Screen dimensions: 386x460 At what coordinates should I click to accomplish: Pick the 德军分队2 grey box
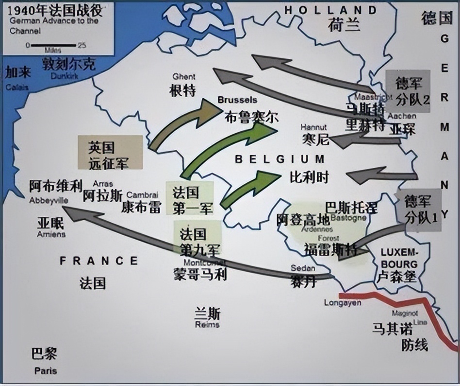[x=408, y=91]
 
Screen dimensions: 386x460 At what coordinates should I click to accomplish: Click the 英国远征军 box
[x=111, y=155]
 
